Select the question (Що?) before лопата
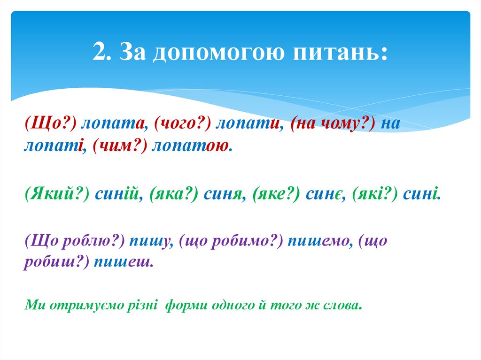click(51, 125)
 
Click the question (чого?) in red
click(180, 125)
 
